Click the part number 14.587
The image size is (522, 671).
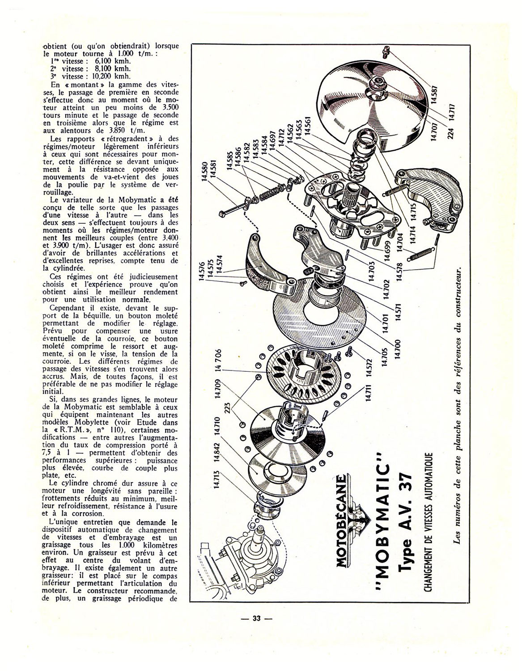point(435,93)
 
